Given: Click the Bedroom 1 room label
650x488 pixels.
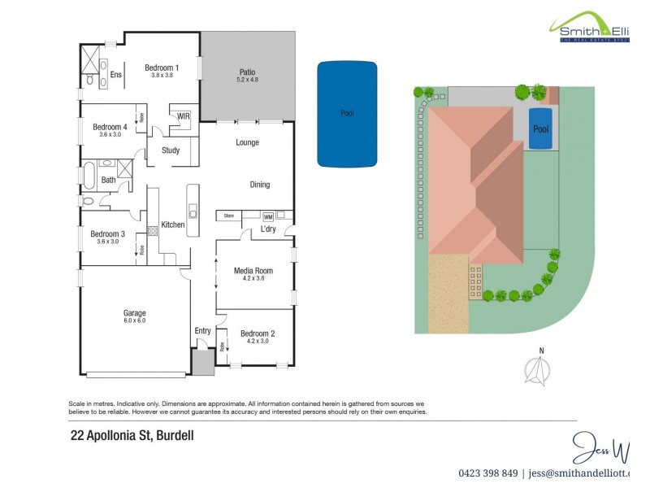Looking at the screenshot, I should point(162,68).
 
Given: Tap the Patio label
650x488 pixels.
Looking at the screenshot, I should point(248,72).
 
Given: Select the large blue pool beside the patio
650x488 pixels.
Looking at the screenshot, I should point(347,113).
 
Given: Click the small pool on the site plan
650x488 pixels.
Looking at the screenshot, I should point(540,129).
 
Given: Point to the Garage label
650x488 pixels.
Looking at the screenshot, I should point(134,313).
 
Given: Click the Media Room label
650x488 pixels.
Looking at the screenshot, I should point(253,271).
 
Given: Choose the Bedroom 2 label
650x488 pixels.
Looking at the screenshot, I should point(258,333).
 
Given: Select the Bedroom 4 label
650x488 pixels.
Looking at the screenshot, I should point(110,127).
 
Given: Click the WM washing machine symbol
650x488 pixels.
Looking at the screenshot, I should point(267,216).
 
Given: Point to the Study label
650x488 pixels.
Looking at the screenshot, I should point(171,150).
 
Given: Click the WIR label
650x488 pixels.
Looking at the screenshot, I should point(183,116).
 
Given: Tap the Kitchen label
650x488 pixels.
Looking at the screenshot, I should point(173,224).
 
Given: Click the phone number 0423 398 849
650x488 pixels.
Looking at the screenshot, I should point(487,473).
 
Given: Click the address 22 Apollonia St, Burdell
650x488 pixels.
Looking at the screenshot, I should point(132,435).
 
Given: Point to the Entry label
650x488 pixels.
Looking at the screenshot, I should point(203,330).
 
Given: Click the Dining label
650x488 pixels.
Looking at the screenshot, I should point(259,185).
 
